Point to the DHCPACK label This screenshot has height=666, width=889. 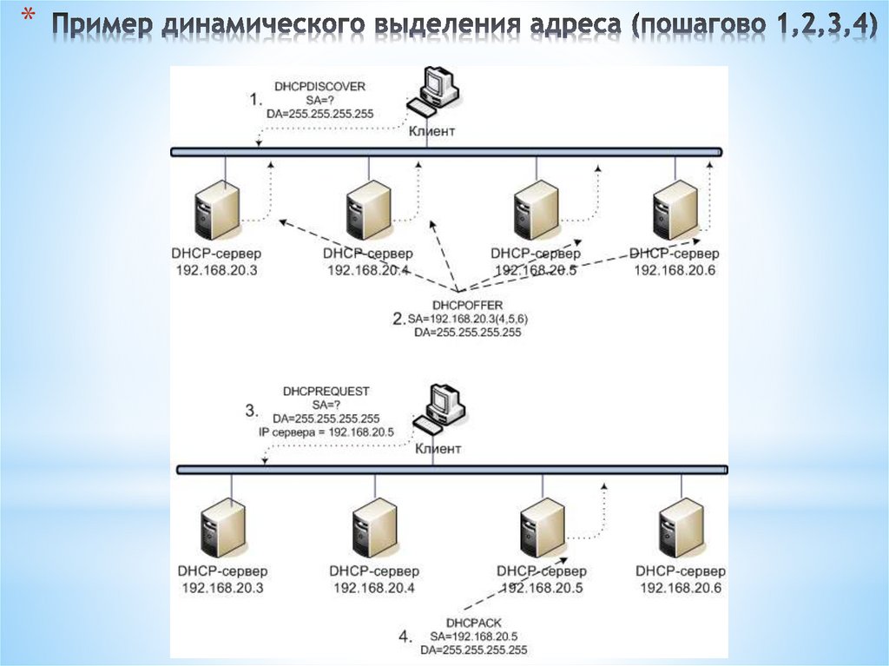coord(473,623)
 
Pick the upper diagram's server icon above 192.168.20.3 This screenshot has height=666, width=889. coord(216,211)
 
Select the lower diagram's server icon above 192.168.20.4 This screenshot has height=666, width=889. coord(374,528)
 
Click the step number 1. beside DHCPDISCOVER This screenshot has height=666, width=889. coord(256,100)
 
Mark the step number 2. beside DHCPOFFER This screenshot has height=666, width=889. coord(398,319)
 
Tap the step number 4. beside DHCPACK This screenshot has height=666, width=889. coord(405,636)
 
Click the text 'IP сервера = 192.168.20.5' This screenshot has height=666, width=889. coord(326,431)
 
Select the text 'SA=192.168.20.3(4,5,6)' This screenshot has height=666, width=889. coord(468,319)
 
